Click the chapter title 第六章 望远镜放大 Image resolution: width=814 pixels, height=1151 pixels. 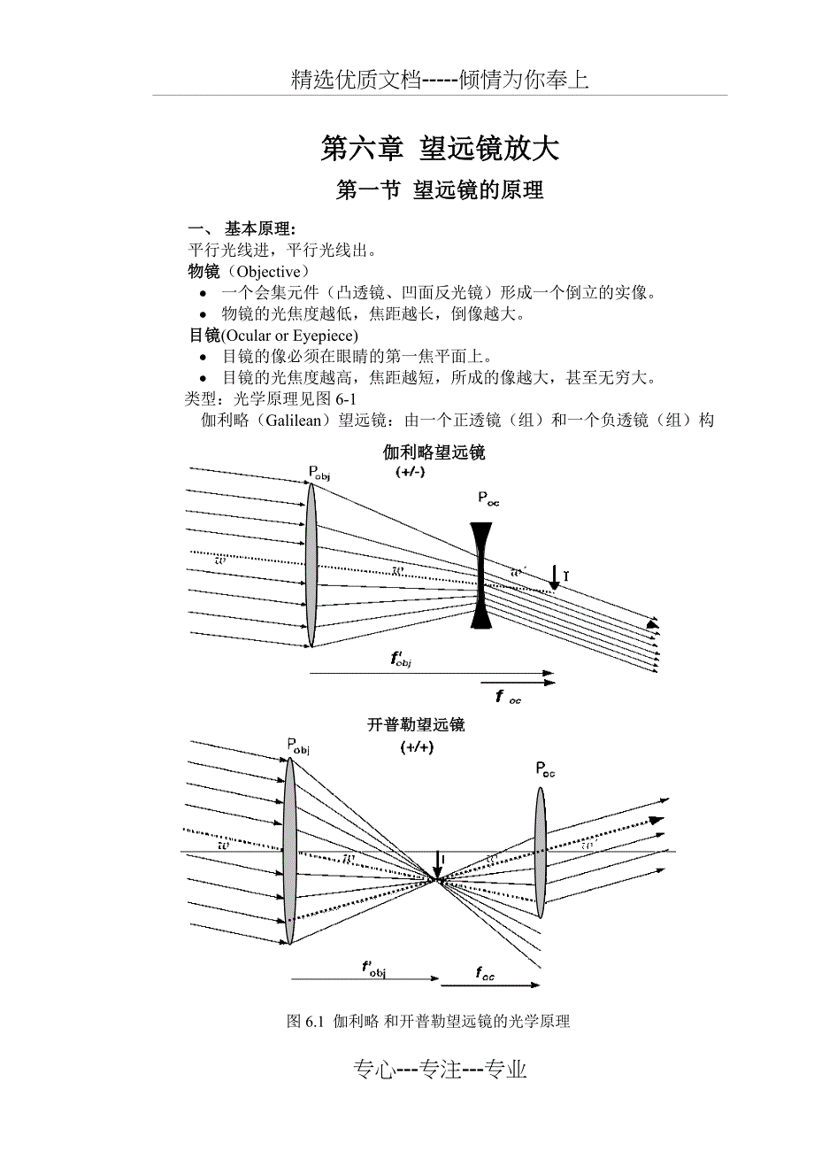click(440, 148)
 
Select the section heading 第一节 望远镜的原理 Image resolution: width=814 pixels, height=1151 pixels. click(440, 190)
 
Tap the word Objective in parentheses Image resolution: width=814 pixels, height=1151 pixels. click(269, 271)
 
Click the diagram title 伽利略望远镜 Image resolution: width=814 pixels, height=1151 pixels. click(434, 453)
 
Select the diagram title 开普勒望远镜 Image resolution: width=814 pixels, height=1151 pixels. click(416, 725)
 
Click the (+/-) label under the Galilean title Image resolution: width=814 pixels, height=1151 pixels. click(411, 473)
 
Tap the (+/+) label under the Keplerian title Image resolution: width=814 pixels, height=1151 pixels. click(416, 746)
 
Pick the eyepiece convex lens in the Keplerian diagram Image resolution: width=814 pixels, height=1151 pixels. click(541, 852)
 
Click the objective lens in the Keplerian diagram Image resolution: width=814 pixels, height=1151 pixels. click(289, 850)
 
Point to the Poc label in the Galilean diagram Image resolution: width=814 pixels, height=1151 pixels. click(488, 499)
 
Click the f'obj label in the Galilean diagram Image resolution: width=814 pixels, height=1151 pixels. click(402, 658)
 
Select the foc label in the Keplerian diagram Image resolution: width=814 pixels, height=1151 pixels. click(485, 975)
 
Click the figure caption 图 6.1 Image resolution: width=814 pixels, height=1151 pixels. click(428, 1021)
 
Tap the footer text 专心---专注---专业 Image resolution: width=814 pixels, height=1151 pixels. click(440, 1070)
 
